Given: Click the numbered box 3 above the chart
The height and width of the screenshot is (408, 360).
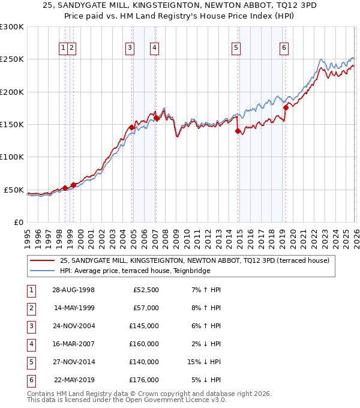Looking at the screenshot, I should (x=130, y=49).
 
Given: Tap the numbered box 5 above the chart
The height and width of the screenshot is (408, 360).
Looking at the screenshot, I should (x=236, y=49).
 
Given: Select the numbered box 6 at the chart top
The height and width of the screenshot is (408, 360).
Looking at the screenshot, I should (x=283, y=49).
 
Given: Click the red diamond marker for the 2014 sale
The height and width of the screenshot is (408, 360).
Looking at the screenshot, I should (x=238, y=131).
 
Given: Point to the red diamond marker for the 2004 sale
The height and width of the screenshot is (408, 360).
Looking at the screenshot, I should (x=131, y=127).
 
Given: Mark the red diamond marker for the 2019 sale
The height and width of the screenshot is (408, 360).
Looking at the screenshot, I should (x=286, y=107).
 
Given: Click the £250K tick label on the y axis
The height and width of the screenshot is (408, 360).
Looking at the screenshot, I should (x=12, y=59).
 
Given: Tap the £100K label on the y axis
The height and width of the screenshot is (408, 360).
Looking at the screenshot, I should (x=12, y=157).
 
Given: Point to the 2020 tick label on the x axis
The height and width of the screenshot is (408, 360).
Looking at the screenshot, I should (x=292, y=237).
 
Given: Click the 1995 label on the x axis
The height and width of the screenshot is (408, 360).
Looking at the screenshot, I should (x=27, y=237).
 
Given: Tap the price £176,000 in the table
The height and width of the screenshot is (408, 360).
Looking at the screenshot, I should (x=145, y=380).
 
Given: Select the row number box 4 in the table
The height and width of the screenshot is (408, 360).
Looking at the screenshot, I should (x=30, y=344).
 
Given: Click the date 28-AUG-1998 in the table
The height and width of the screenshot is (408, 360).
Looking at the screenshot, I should (x=74, y=290).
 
